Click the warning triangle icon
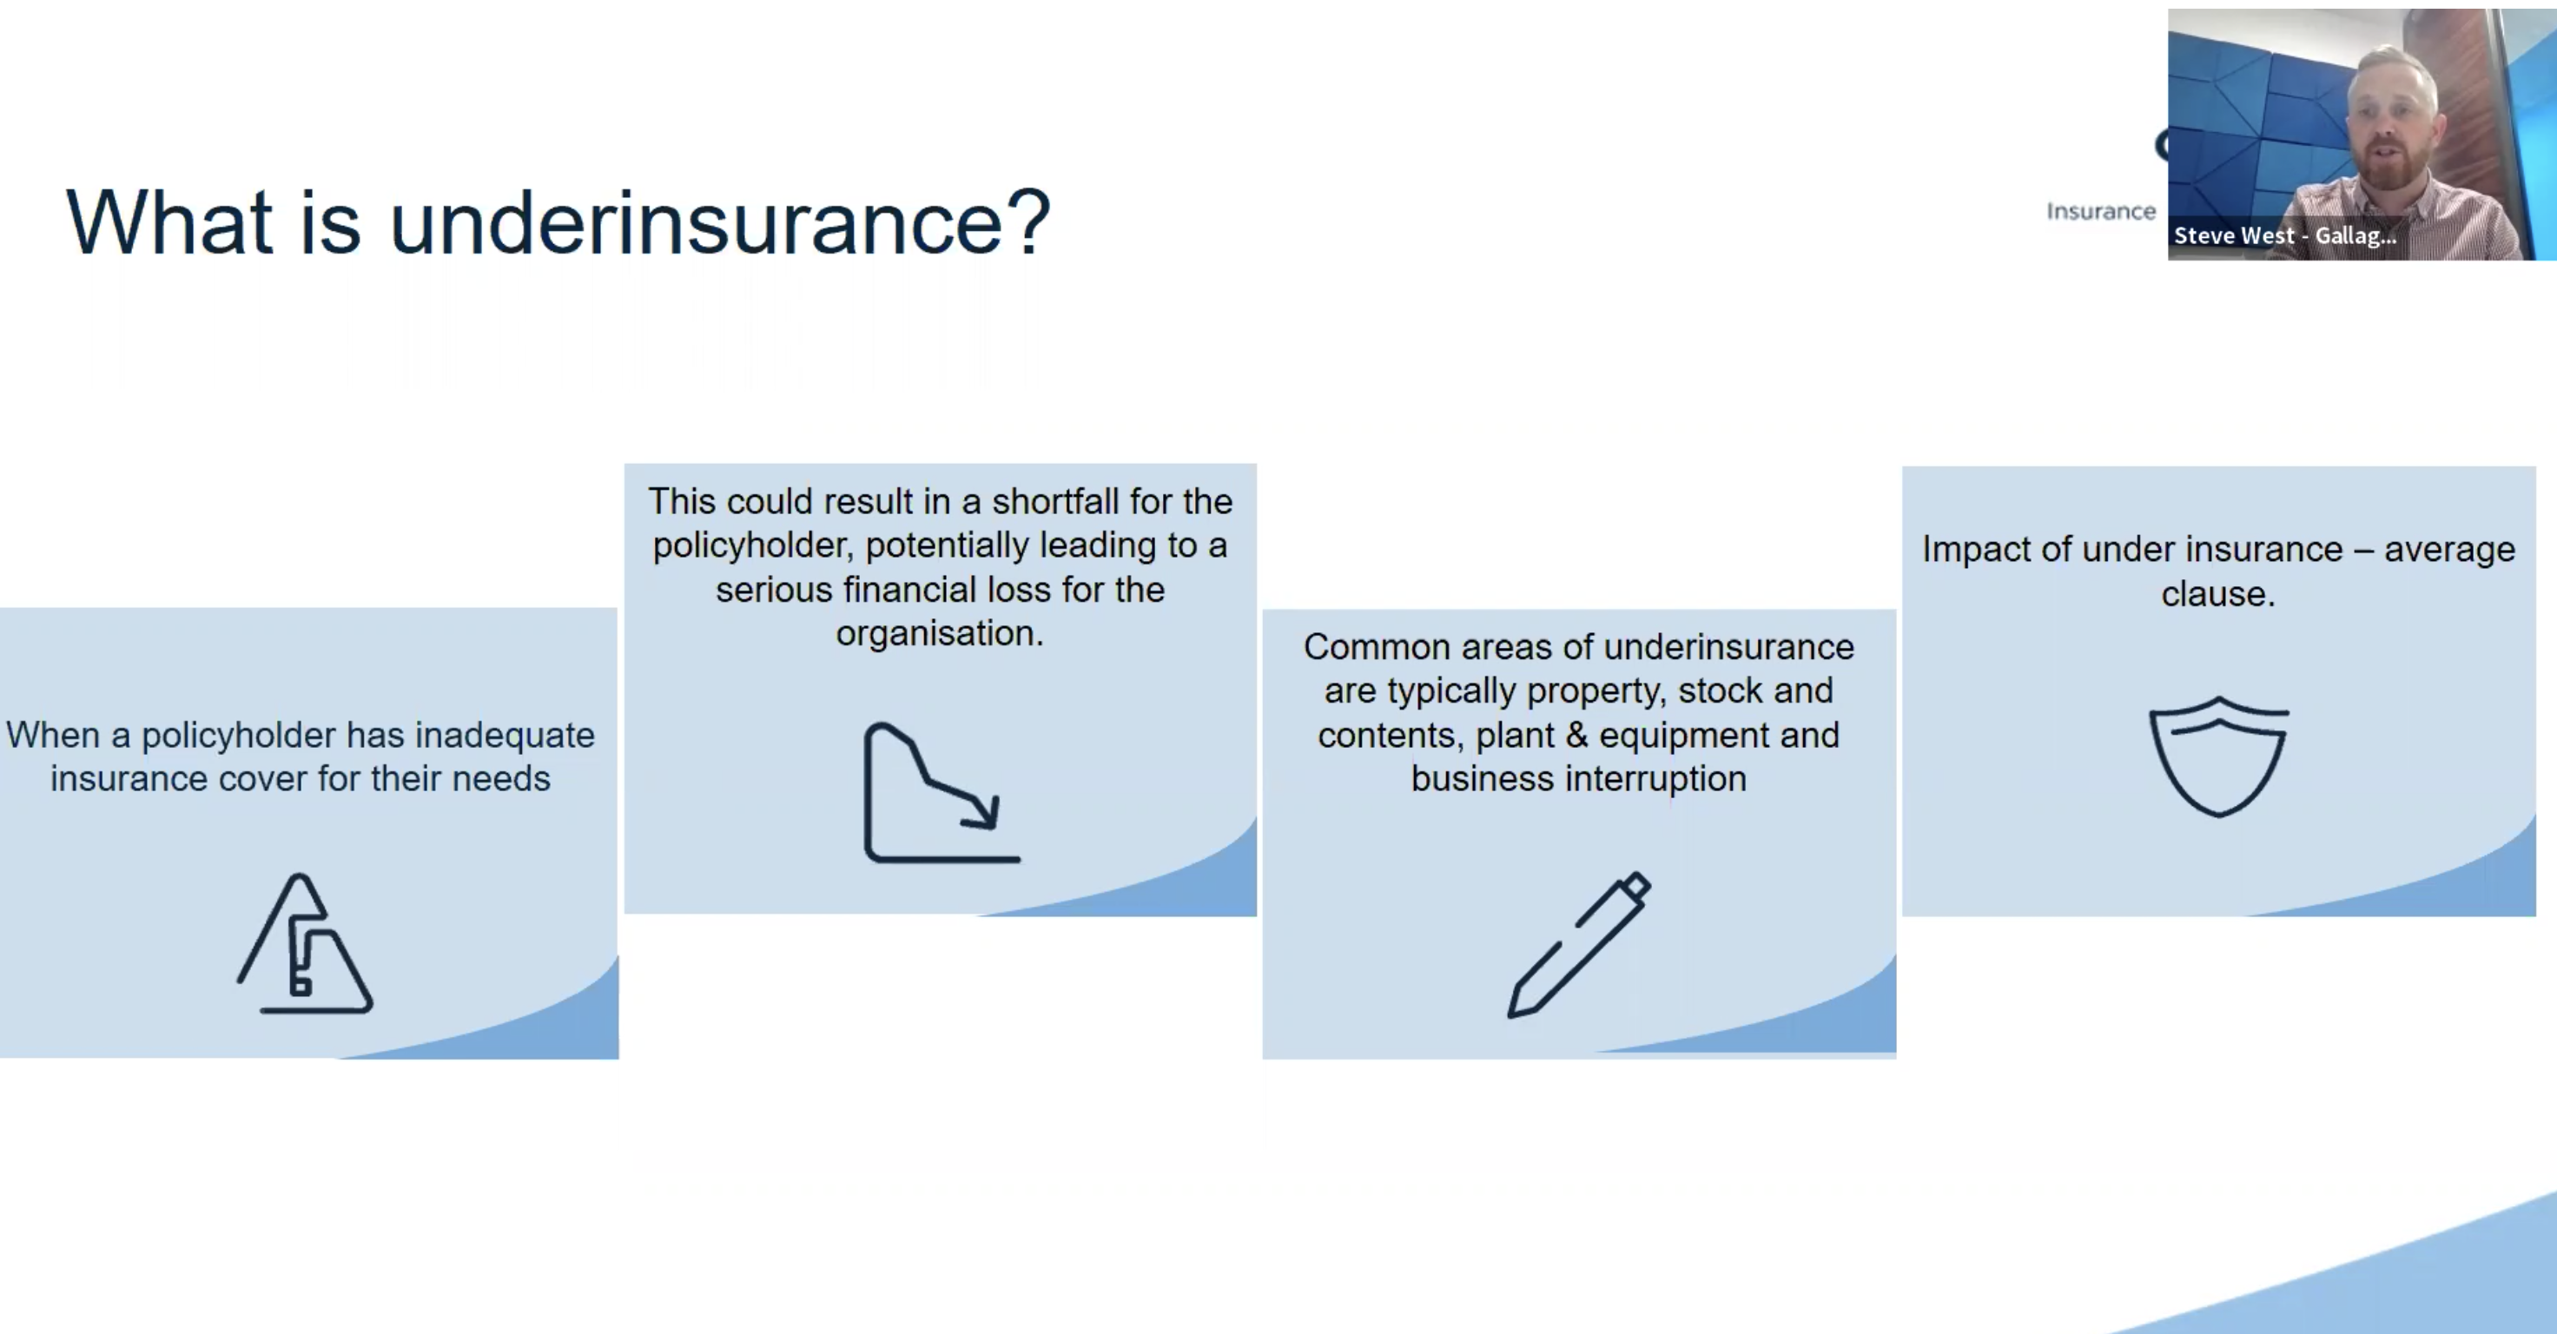[305, 943]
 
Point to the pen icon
[1578, 944]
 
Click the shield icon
[2218, 756]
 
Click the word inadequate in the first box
[505, 736]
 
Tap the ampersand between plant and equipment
[1576, 736]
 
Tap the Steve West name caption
[2284, 236]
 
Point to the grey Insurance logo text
[2100, 211]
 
